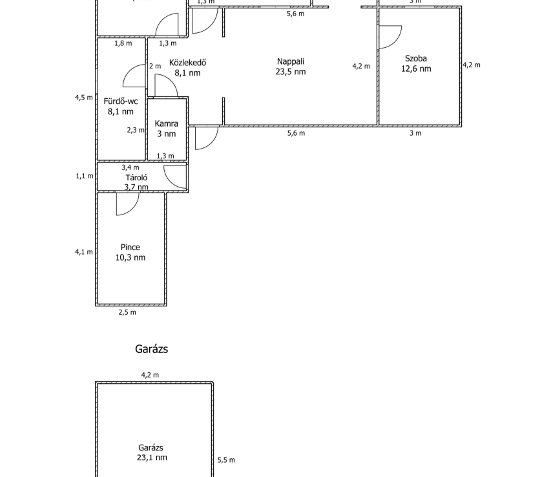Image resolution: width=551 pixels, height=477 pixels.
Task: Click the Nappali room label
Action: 291,61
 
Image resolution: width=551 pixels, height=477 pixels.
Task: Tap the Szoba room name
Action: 416,58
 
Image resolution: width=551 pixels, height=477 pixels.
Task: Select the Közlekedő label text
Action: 187,63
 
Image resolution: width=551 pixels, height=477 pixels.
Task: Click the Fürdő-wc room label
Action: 120,101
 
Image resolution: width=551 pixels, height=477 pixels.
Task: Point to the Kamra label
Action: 166,123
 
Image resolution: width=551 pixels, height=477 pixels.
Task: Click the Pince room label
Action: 130,247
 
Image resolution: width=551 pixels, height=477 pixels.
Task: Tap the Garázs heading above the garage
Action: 152,349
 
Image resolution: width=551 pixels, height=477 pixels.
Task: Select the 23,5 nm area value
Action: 291,72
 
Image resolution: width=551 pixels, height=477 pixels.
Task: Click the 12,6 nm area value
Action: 416,69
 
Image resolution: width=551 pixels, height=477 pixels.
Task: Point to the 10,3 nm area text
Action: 130,257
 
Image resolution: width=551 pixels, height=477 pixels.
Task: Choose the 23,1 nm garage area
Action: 152,458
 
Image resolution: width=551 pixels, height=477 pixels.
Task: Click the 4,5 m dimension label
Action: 84,98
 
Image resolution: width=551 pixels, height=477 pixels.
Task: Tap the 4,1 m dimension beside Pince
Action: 84,252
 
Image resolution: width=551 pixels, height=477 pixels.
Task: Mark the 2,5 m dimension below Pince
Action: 127,313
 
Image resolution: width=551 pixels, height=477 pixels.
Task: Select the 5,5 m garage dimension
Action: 226,460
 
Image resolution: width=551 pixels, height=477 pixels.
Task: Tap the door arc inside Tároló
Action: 176,176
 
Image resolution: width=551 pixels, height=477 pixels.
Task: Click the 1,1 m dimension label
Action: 84,176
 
